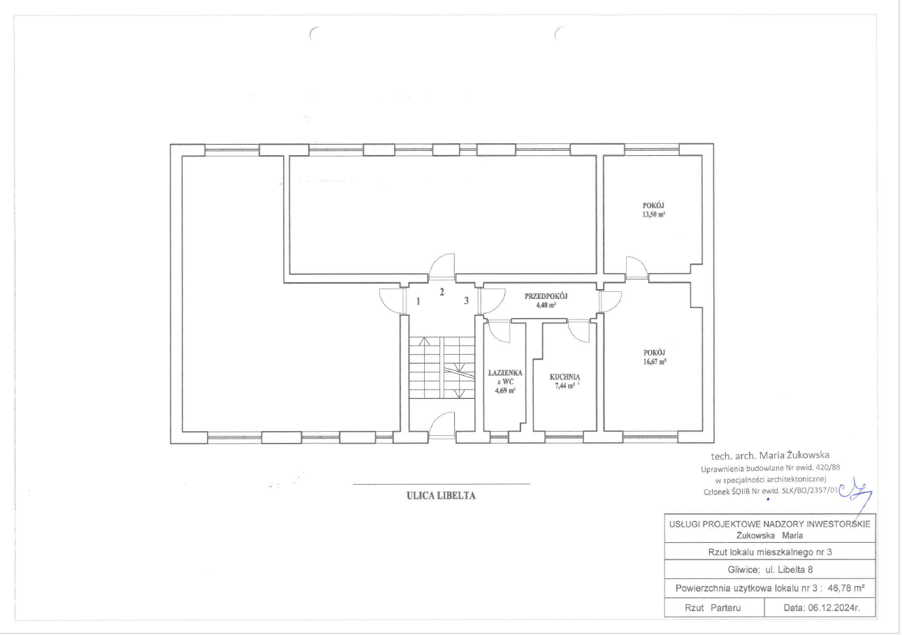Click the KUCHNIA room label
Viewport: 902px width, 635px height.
(565, 377)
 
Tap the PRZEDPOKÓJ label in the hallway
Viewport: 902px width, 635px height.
(546, 296)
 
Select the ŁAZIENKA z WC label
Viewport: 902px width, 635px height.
(505, 377)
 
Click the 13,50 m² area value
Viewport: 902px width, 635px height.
(653, 214)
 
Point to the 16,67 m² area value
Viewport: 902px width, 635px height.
(655, 362)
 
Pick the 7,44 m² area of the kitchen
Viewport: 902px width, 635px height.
(565, 386)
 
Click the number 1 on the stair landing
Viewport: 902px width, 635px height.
(418, 301)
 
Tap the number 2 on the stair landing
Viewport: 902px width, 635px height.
(442, 292)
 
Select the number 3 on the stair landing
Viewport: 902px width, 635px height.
(466, 300)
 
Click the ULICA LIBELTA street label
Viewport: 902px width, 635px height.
(441, 496)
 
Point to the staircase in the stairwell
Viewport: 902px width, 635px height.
(442, 367)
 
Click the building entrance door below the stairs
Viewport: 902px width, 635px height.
(442, 425)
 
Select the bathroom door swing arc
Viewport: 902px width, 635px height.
(499, 331)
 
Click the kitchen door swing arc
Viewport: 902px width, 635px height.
(579, 331)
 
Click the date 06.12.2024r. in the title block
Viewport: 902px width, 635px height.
(821, 608)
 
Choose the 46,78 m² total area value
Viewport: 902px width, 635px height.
(846, 588)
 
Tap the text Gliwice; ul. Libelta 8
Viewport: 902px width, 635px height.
(770, 570)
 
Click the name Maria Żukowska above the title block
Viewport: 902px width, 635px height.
(794, 455)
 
